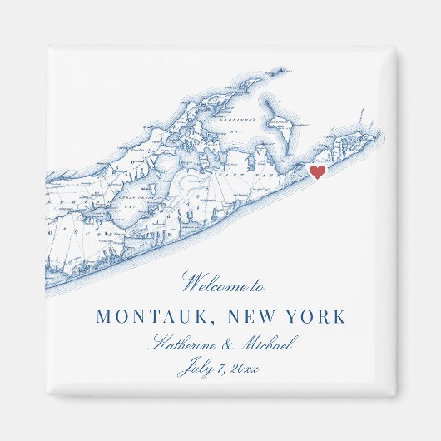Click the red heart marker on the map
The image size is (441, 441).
coord(317,172)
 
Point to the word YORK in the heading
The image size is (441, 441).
coord(315,317)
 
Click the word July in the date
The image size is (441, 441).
coord(194,369)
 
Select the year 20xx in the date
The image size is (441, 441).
coord(245,369)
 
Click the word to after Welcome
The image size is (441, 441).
coord(257,286)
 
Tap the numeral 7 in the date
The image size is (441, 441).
coord(220,369)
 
